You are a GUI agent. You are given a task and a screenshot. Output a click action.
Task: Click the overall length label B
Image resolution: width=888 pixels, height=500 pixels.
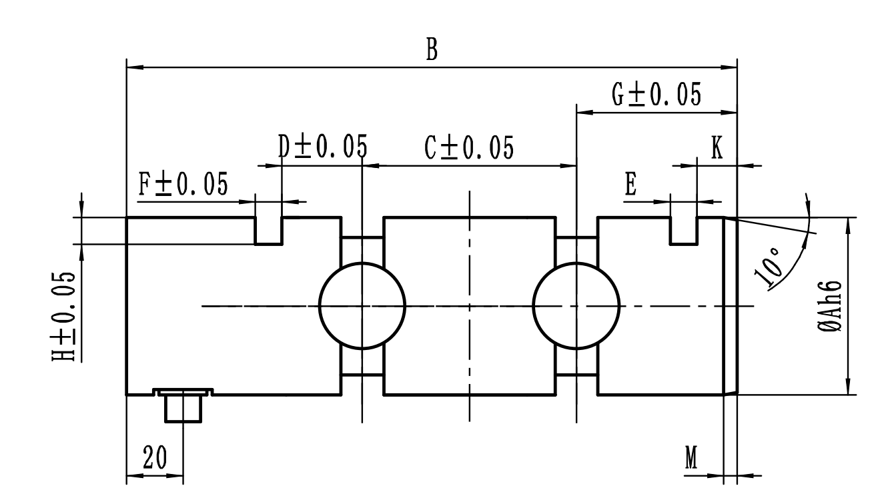coord(432,50)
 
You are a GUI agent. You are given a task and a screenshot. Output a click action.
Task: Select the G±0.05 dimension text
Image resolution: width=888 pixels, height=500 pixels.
coord(656,95)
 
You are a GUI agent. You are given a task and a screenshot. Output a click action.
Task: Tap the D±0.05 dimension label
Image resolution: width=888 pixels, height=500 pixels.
coord(322,147)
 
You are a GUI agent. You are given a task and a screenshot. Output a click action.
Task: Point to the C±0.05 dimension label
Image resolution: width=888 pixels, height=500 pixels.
coord(470,148)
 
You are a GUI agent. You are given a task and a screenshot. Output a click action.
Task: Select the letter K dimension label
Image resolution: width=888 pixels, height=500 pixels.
coord(717,149)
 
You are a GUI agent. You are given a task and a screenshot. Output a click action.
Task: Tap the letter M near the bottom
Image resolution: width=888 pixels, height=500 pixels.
coord(692,459)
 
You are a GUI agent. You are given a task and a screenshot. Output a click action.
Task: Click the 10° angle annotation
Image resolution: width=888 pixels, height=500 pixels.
coord(768,268)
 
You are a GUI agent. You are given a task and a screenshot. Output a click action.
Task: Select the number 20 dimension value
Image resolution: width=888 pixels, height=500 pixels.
coord(154,459)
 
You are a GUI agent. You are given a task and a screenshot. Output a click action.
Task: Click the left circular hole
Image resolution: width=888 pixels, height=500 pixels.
coord(362,305)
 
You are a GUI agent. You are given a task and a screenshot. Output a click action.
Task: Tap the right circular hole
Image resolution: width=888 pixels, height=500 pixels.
coord(576,305)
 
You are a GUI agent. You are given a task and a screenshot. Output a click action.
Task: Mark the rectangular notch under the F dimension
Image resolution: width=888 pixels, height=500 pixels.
coord(269,230)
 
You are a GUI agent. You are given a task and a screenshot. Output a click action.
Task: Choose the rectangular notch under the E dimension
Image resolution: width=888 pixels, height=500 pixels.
coord(683,230)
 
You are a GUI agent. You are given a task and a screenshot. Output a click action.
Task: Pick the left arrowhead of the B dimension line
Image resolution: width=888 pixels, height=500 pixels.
coord(132,67)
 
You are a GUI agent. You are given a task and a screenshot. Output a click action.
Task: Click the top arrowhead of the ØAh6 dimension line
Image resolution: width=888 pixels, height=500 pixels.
coord(848,223)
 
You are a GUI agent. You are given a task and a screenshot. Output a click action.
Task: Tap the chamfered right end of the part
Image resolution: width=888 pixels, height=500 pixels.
coord(731,305)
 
